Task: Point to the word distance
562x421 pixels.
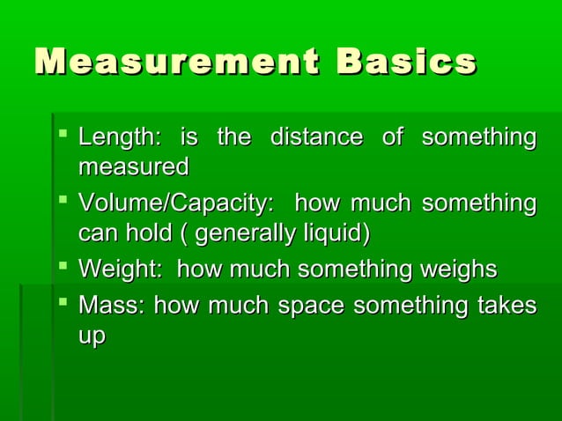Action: [315, 138]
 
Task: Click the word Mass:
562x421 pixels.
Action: [113, 307]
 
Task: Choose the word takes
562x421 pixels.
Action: [506, 307]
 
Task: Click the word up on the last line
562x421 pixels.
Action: [92, 336]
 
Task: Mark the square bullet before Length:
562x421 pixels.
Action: [63, 135]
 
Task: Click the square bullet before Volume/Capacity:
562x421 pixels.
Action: [63, 201]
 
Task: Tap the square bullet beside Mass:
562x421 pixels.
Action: [63, 303]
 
